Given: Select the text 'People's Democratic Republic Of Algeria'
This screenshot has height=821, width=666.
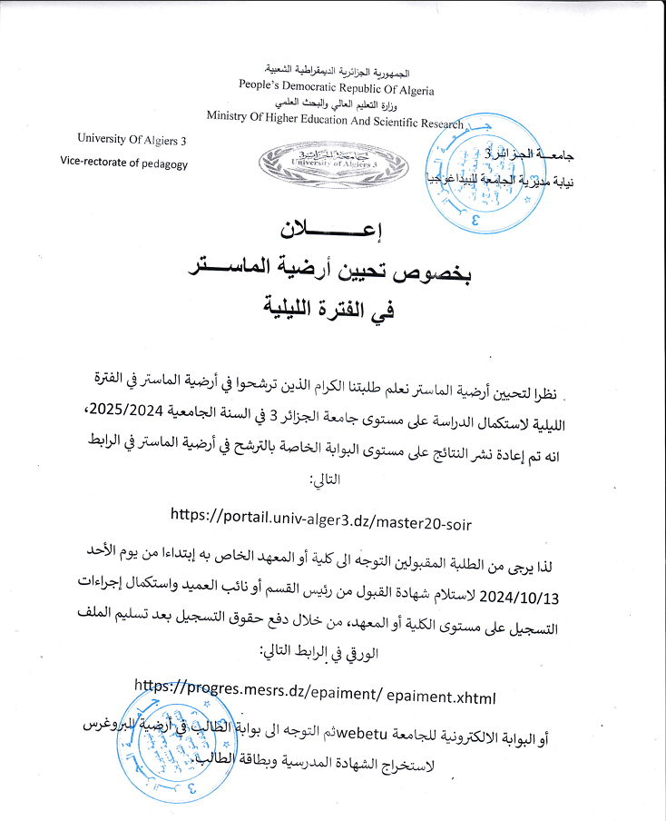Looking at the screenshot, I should [x=337, y=90].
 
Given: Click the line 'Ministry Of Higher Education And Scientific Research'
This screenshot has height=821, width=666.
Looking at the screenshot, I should [x=334, y=119].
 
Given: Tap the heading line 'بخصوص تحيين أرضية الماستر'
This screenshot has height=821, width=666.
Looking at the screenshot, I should [x=332, y=269].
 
